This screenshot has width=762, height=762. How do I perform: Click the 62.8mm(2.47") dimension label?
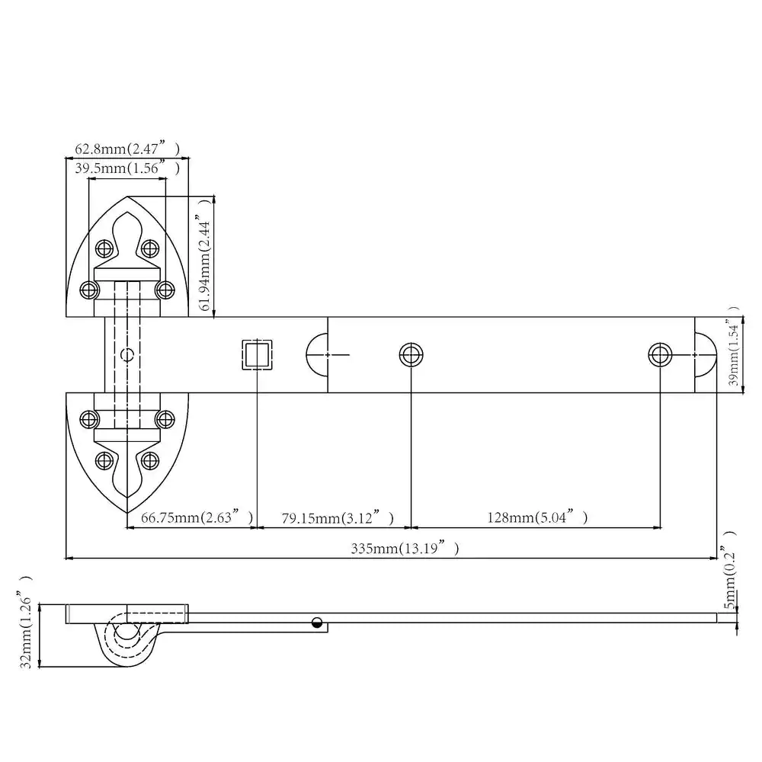point(127,149)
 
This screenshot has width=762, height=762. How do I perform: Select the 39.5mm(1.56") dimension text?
point(127,168)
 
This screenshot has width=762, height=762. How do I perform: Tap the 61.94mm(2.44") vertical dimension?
point(205,255)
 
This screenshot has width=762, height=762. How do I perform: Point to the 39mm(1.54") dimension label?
point(733,347)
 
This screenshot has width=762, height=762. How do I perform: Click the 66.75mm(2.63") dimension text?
point(197,517)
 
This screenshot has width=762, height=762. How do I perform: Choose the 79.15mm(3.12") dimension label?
point(338,518)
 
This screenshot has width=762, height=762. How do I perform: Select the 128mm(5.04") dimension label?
point(537,517)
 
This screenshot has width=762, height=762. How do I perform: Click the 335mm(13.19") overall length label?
point(405,548)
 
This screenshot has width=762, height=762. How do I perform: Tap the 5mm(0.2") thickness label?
point(729,570)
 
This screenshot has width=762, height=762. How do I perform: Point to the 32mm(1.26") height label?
point(25,623)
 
